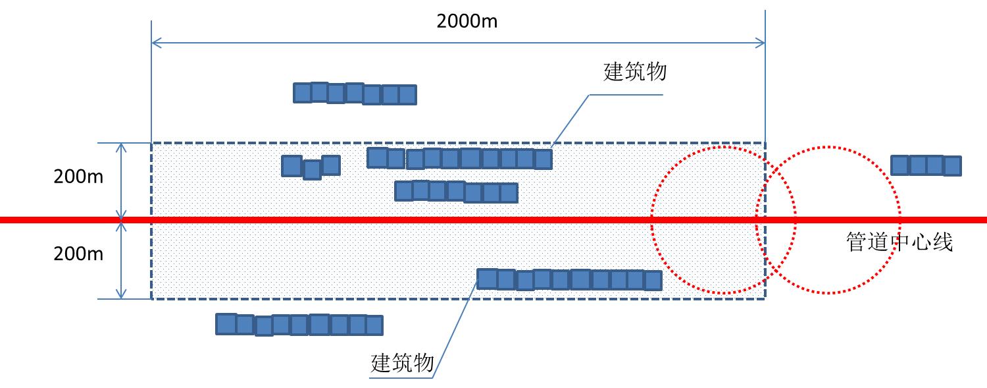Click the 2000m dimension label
pyautogui.click(x=467, y=21)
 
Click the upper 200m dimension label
pyautogui.click(x=78, y=177)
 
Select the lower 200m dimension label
pyautogui.click(x=78, y=254)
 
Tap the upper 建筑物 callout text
pyautogui.click(x=635, y=71)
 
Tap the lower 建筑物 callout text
pyautogui.click(x=403, y=363)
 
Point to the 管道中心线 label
pyautogui.click(x=899, y=242)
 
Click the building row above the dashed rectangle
pyautogui.click(x=355, y=94)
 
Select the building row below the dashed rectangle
pyautogui.click(x=299, y=324)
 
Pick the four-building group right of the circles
pyautogui.click(x=926, y=165)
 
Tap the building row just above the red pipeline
pyautogui.click(x=456, y=192)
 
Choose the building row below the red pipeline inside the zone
pyautogui.click(x=569, y=279)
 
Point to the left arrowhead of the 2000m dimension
pyautogui.click(x=155, y=43)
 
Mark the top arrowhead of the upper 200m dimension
pyautogui.click(x=121, y=146)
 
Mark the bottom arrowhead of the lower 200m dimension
pyautogui.click(x=121, y=295)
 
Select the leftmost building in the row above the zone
pyautogui.click(x=302, y=93)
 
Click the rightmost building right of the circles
pyautogui.click(x=952, y=165)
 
